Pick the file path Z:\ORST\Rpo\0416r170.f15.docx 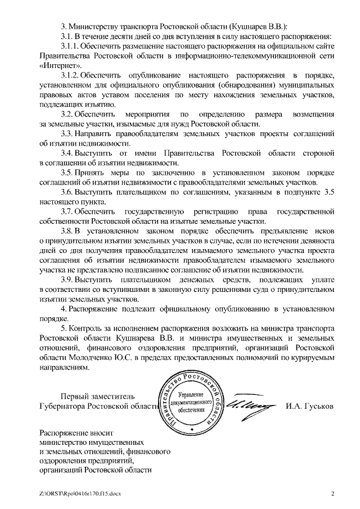click(80, 494)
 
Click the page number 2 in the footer click(332, 494)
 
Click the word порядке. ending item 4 click(53, 318)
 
